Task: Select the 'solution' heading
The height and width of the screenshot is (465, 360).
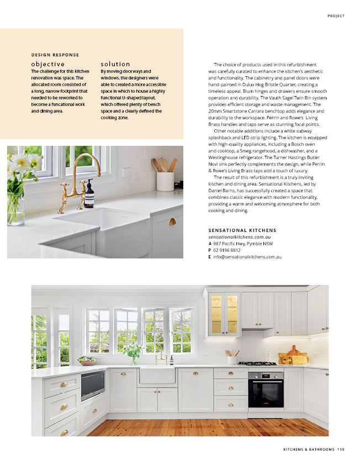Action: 115,64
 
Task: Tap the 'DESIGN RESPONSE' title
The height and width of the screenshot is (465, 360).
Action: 55,55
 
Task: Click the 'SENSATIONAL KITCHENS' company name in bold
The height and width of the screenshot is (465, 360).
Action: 242,230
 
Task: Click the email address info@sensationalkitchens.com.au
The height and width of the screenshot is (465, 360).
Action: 247,257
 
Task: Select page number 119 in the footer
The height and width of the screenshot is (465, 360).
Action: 340,449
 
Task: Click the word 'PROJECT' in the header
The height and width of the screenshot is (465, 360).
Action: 336,16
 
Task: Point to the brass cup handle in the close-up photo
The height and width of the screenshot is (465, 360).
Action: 172,221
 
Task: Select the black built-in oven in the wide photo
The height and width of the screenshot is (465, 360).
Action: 266,389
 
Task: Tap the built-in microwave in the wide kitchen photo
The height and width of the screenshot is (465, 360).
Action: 93,384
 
